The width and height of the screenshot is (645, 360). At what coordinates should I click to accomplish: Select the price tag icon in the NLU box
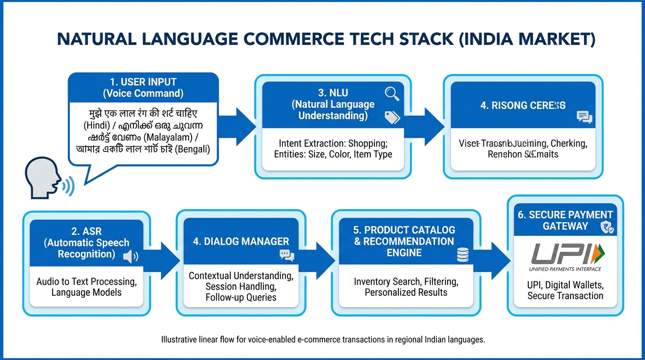(x=391, y=117)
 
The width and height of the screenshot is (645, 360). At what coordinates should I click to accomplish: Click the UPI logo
(x=565, y=255)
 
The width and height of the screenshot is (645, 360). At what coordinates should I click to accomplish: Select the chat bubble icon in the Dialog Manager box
(x=286, y=255)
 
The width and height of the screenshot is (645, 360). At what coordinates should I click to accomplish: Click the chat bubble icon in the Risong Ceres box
(x=585, y=118)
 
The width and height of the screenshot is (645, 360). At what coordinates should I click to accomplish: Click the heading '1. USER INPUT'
(x=143, y=82)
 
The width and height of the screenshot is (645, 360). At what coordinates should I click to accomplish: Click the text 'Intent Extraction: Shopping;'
(x=333, y=143)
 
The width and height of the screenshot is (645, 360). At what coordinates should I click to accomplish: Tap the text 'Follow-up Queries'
(x=241, y=297)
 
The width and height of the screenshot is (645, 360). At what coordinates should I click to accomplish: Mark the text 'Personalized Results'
(x=406, y=292)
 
